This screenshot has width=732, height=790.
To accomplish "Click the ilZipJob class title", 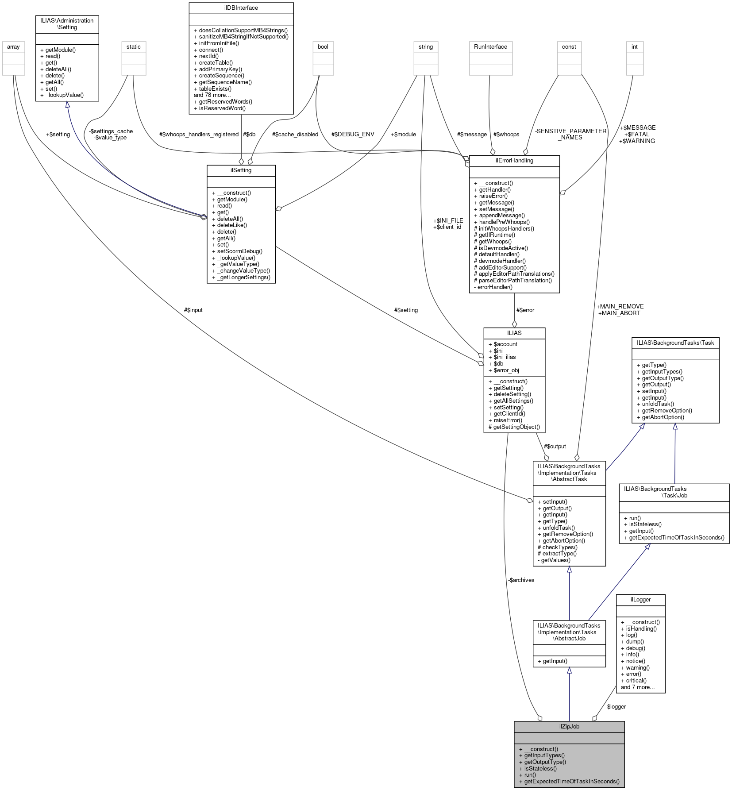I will (569, 726).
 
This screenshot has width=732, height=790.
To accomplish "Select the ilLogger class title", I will (640, 599).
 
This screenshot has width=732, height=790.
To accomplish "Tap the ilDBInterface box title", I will (241, 8).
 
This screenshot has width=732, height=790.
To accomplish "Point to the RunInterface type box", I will (490, 46).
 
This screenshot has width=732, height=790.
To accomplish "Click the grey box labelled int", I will (634, 46).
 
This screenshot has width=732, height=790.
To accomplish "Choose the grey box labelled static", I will (133, 46).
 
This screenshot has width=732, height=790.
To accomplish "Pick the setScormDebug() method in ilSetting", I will (239, 251).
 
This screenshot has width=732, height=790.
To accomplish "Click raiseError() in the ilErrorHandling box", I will (493, 196).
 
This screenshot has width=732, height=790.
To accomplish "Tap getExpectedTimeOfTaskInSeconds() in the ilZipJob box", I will (571, 781).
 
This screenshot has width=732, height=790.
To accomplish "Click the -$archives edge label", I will (521, 580).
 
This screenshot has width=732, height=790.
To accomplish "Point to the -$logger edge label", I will (616, 706).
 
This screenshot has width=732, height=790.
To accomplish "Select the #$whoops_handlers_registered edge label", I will (199, 134).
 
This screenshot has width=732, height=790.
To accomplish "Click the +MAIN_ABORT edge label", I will (619, 313).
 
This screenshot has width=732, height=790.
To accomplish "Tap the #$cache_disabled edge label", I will (295, 134).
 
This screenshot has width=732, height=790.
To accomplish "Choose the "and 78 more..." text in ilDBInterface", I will (212, 95).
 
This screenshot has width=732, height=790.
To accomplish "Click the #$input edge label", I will (193, 310).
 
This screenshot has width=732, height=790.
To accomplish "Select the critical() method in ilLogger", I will (636, 680).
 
